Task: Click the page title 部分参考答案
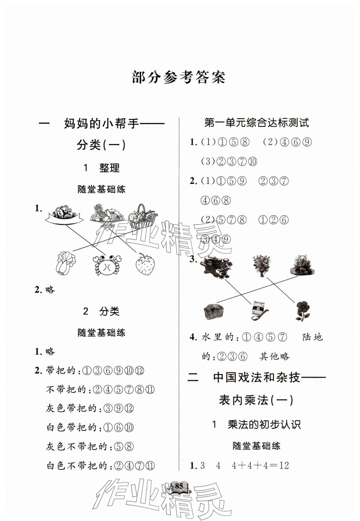click(x=178, y=77)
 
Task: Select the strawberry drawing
click(x=145, y=264)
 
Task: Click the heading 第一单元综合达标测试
click(x=256, y=123)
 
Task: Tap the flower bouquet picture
click(x=262, y=265)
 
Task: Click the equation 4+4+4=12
click(x=260, y=465)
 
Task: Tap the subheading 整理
click(x=109, y=168)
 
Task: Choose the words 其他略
click(x=274, y=356)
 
